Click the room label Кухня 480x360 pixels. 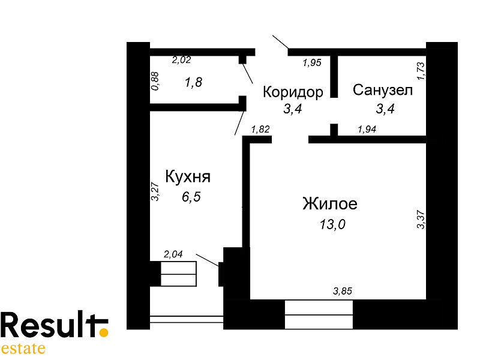click(x=188, y=176)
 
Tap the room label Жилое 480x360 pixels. click(x=329, y=203)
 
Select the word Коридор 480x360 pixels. click(x=293, y=92)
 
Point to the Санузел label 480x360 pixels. click(x=383, y=90)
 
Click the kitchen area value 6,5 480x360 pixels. click(x=191, y=197)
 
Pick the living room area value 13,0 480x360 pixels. click(x=332, y=224)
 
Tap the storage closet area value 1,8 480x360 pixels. click(x=193, y=82)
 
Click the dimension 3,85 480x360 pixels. click(x=343, y=291)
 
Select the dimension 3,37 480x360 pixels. click(x=421, y=219)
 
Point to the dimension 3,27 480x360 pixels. click(x=155, y=191)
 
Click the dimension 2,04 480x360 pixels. click(x=173, y=254)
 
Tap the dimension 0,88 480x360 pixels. click(x=155, y=81)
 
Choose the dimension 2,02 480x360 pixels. click(x=182, y=59)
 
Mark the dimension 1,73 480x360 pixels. click(x=421, y=71)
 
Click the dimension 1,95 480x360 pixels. click(x=312, y=63)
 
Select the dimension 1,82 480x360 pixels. click(x=260, y=129)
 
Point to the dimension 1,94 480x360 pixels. click(x=367, y=129)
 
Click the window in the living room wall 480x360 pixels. click(x=319, y=314)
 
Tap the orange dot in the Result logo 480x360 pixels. click(x=104, y=332)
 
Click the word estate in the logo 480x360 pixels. click(x=23, y=349)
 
